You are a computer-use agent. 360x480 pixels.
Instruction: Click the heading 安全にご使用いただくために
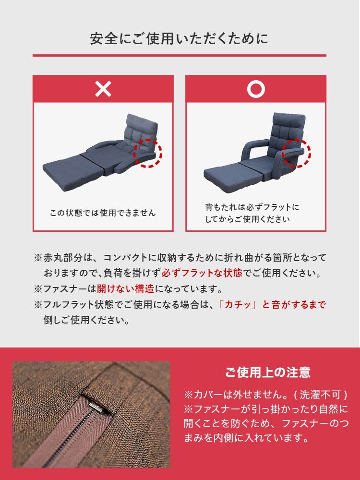pos(180,38)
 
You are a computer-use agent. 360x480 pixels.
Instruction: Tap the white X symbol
pos(103,89)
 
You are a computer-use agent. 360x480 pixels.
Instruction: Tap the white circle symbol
pos(256,89)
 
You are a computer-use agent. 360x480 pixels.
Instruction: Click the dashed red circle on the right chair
pos(296,153)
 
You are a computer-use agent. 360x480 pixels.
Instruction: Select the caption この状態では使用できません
pos(103,213)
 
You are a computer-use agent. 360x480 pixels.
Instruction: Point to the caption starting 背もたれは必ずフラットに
pos(252,207)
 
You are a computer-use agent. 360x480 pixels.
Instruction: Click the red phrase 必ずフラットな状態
pos(202,274)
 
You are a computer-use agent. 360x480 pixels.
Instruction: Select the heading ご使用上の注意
pos(267,372)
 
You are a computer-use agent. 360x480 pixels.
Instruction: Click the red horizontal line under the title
pos(180,55)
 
